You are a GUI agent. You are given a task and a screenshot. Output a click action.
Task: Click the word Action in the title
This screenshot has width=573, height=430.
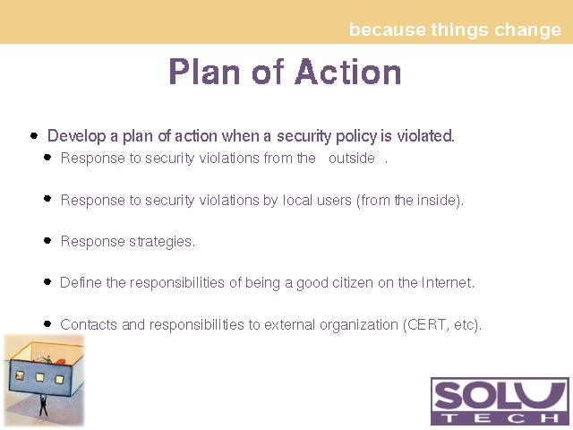coord(347,72)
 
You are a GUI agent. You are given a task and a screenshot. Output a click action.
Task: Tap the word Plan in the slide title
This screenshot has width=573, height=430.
coord(204,72)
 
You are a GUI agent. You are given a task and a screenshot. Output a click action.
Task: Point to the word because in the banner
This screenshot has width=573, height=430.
coord(388,30)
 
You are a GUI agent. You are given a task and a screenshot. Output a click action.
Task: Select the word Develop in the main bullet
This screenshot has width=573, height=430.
coord(76,136)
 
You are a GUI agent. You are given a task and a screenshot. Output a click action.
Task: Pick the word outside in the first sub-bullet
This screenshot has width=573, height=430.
coord(352,159)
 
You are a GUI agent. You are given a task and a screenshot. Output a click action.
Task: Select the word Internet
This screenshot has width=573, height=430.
coord(448,283)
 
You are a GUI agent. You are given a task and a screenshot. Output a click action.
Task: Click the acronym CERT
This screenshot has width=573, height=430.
coord(427,324)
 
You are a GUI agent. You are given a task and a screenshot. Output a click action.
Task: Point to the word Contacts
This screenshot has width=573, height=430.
coord(89,324)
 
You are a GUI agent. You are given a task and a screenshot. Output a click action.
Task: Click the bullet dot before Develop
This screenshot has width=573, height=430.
coord(34,136)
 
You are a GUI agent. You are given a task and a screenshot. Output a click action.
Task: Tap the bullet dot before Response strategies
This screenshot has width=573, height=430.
coord(47,241)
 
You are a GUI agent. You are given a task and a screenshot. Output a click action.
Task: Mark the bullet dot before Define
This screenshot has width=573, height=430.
coord(47,282)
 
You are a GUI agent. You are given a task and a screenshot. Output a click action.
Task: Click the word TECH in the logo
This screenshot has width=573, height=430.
coord(500,417)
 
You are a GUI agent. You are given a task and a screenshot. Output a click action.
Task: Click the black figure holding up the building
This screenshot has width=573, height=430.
coord(44,405)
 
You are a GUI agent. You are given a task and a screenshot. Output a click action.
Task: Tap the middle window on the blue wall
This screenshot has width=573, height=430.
coord(39,377)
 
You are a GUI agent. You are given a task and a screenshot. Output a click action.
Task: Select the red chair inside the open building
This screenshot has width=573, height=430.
coord(61,362)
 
